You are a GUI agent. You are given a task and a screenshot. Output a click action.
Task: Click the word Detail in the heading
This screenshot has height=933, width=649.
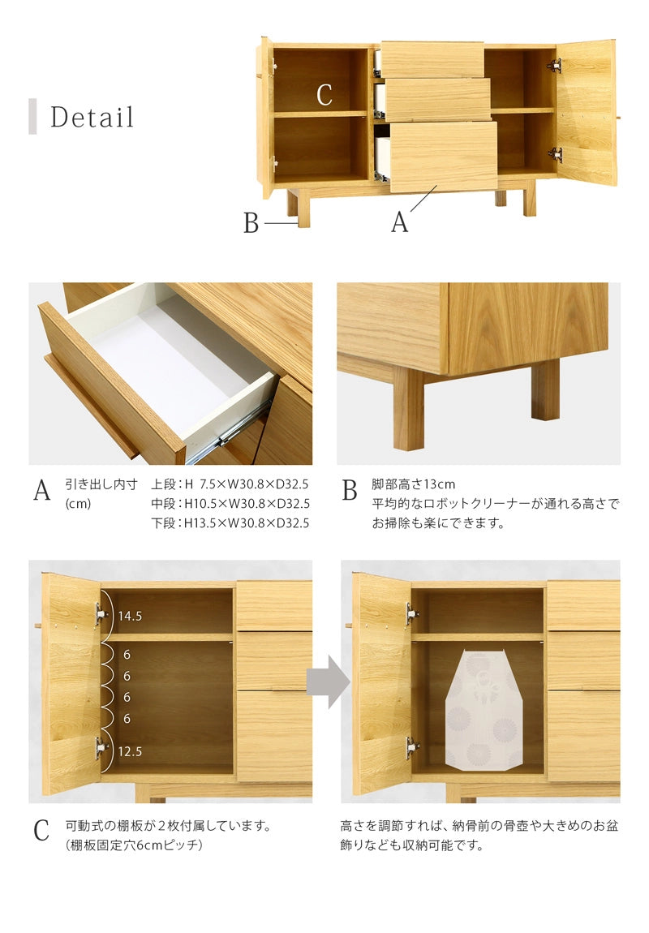[92, 117]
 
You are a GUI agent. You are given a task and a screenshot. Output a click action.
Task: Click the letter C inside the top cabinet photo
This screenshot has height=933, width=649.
[324, 95]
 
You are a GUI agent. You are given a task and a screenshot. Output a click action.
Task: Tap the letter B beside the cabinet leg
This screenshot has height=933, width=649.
[251, 223]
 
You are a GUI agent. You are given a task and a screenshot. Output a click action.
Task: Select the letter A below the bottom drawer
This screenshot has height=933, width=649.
[400, 222]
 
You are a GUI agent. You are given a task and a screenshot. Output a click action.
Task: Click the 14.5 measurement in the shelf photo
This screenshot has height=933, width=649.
[130, 616]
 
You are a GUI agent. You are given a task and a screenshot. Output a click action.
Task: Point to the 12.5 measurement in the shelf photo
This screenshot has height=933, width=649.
[130, 751]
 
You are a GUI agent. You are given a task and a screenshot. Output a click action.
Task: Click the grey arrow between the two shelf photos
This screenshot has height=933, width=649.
[328, 681]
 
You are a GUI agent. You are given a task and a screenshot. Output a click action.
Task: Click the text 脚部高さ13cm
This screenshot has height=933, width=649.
[414, 484]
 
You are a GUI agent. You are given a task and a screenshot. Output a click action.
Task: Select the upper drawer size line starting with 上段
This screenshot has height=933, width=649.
[230, 484]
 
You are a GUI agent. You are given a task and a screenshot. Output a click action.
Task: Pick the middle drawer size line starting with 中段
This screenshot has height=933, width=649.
[230, 504]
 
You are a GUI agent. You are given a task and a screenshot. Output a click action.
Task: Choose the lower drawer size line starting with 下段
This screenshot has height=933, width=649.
[230, 523]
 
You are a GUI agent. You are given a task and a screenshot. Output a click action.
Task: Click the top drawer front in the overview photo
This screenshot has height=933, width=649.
[432, 59]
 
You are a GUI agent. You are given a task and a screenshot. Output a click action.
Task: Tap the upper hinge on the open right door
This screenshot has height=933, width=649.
[554, 66]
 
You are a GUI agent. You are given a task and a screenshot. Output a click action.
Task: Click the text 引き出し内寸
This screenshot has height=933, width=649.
[101, 484]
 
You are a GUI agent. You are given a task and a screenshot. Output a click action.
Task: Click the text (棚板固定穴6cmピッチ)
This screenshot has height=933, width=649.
[134, 845]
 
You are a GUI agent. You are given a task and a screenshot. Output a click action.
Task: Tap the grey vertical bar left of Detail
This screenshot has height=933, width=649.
[32, 117]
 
